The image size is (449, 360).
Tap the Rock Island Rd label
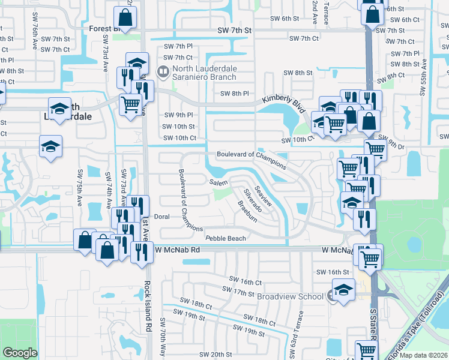146,305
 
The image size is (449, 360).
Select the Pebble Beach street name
226,238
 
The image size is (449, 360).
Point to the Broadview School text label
291,296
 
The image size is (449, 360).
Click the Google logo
20,353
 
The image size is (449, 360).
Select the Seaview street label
263,196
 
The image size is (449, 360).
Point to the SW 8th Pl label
234,93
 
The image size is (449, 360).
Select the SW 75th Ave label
80,187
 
